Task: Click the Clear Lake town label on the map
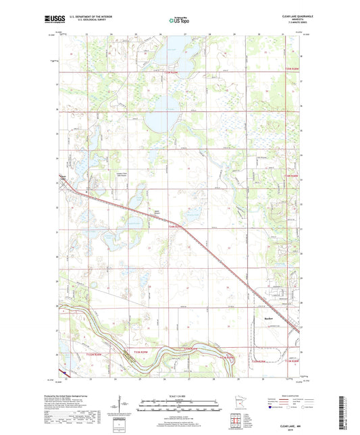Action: pyautogui.click(x=63, y=179)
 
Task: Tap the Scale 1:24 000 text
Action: pyautogui.click(x=180, y=395)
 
